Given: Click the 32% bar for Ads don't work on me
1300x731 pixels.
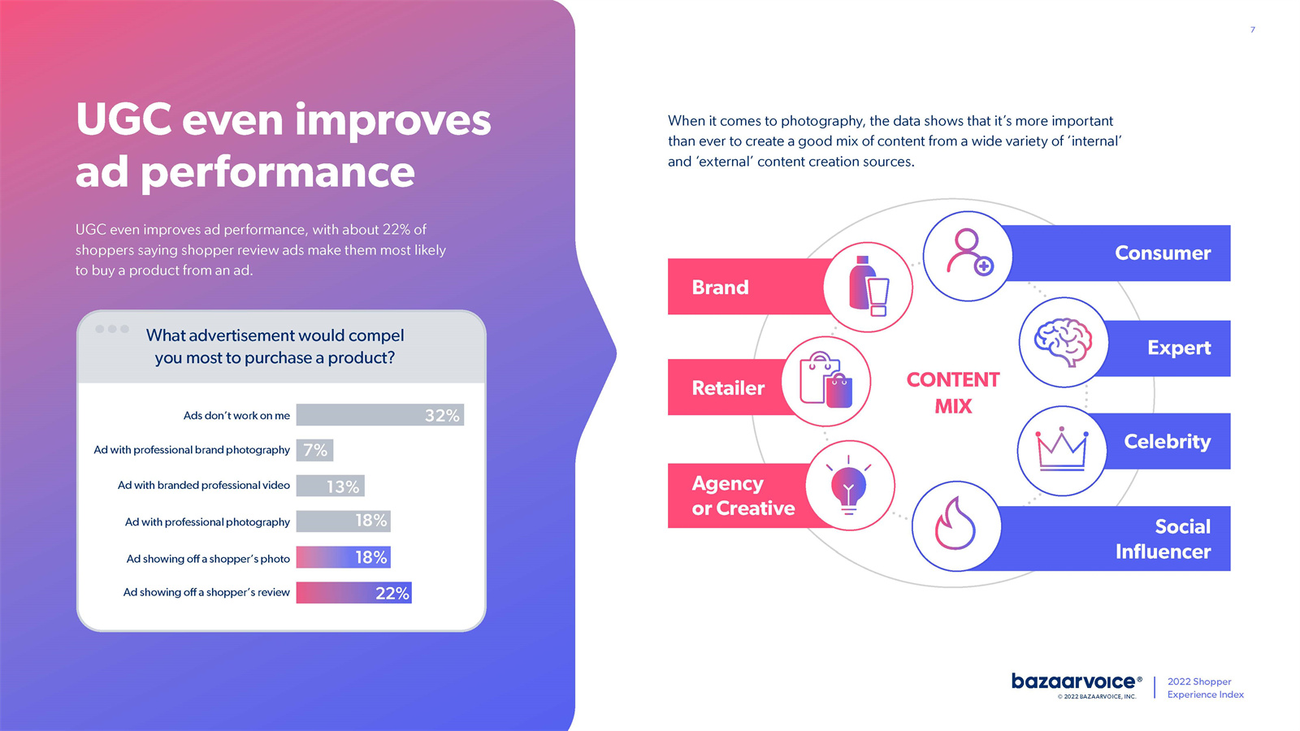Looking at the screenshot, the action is pyautogui.click(x=380, y=415).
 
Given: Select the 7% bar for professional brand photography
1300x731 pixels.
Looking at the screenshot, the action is pyautogui.click(x=314, y=450).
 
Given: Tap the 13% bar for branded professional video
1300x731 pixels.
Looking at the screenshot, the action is pyautogui.click(x=330, y=486).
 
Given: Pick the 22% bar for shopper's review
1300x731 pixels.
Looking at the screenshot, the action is pyautogui.click(x=354, y=593).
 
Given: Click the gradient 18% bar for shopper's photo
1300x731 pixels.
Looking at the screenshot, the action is pyautogui.click(x=344, y=557).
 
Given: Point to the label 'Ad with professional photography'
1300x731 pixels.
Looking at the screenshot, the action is pyautogui.click(x=207, y=522).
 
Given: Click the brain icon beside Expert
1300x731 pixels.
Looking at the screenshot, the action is pyautogui.click(x=1064, y=342).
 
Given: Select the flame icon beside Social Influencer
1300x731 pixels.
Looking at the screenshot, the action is pyautogui.click(x=955, y=523).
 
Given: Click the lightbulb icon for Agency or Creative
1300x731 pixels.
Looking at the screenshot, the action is pyautogui.click(x=848, y=485).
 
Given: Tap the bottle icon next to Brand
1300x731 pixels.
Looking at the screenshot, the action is pyautogui.click(x=869, y=286).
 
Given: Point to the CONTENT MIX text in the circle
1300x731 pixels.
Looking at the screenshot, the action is pyautogui.click(x=953, y=393).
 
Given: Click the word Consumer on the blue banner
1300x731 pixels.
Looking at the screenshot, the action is pyautogui.click(x=1163, y=253).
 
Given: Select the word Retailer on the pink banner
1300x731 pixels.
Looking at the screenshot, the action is pyautogui.click(x=728, y=387).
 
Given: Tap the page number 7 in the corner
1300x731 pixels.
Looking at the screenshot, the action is pyautogui.click(x=1252, y=29).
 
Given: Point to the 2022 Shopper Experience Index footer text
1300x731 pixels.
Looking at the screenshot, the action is pyautogui.click(x=1206, y=688).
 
